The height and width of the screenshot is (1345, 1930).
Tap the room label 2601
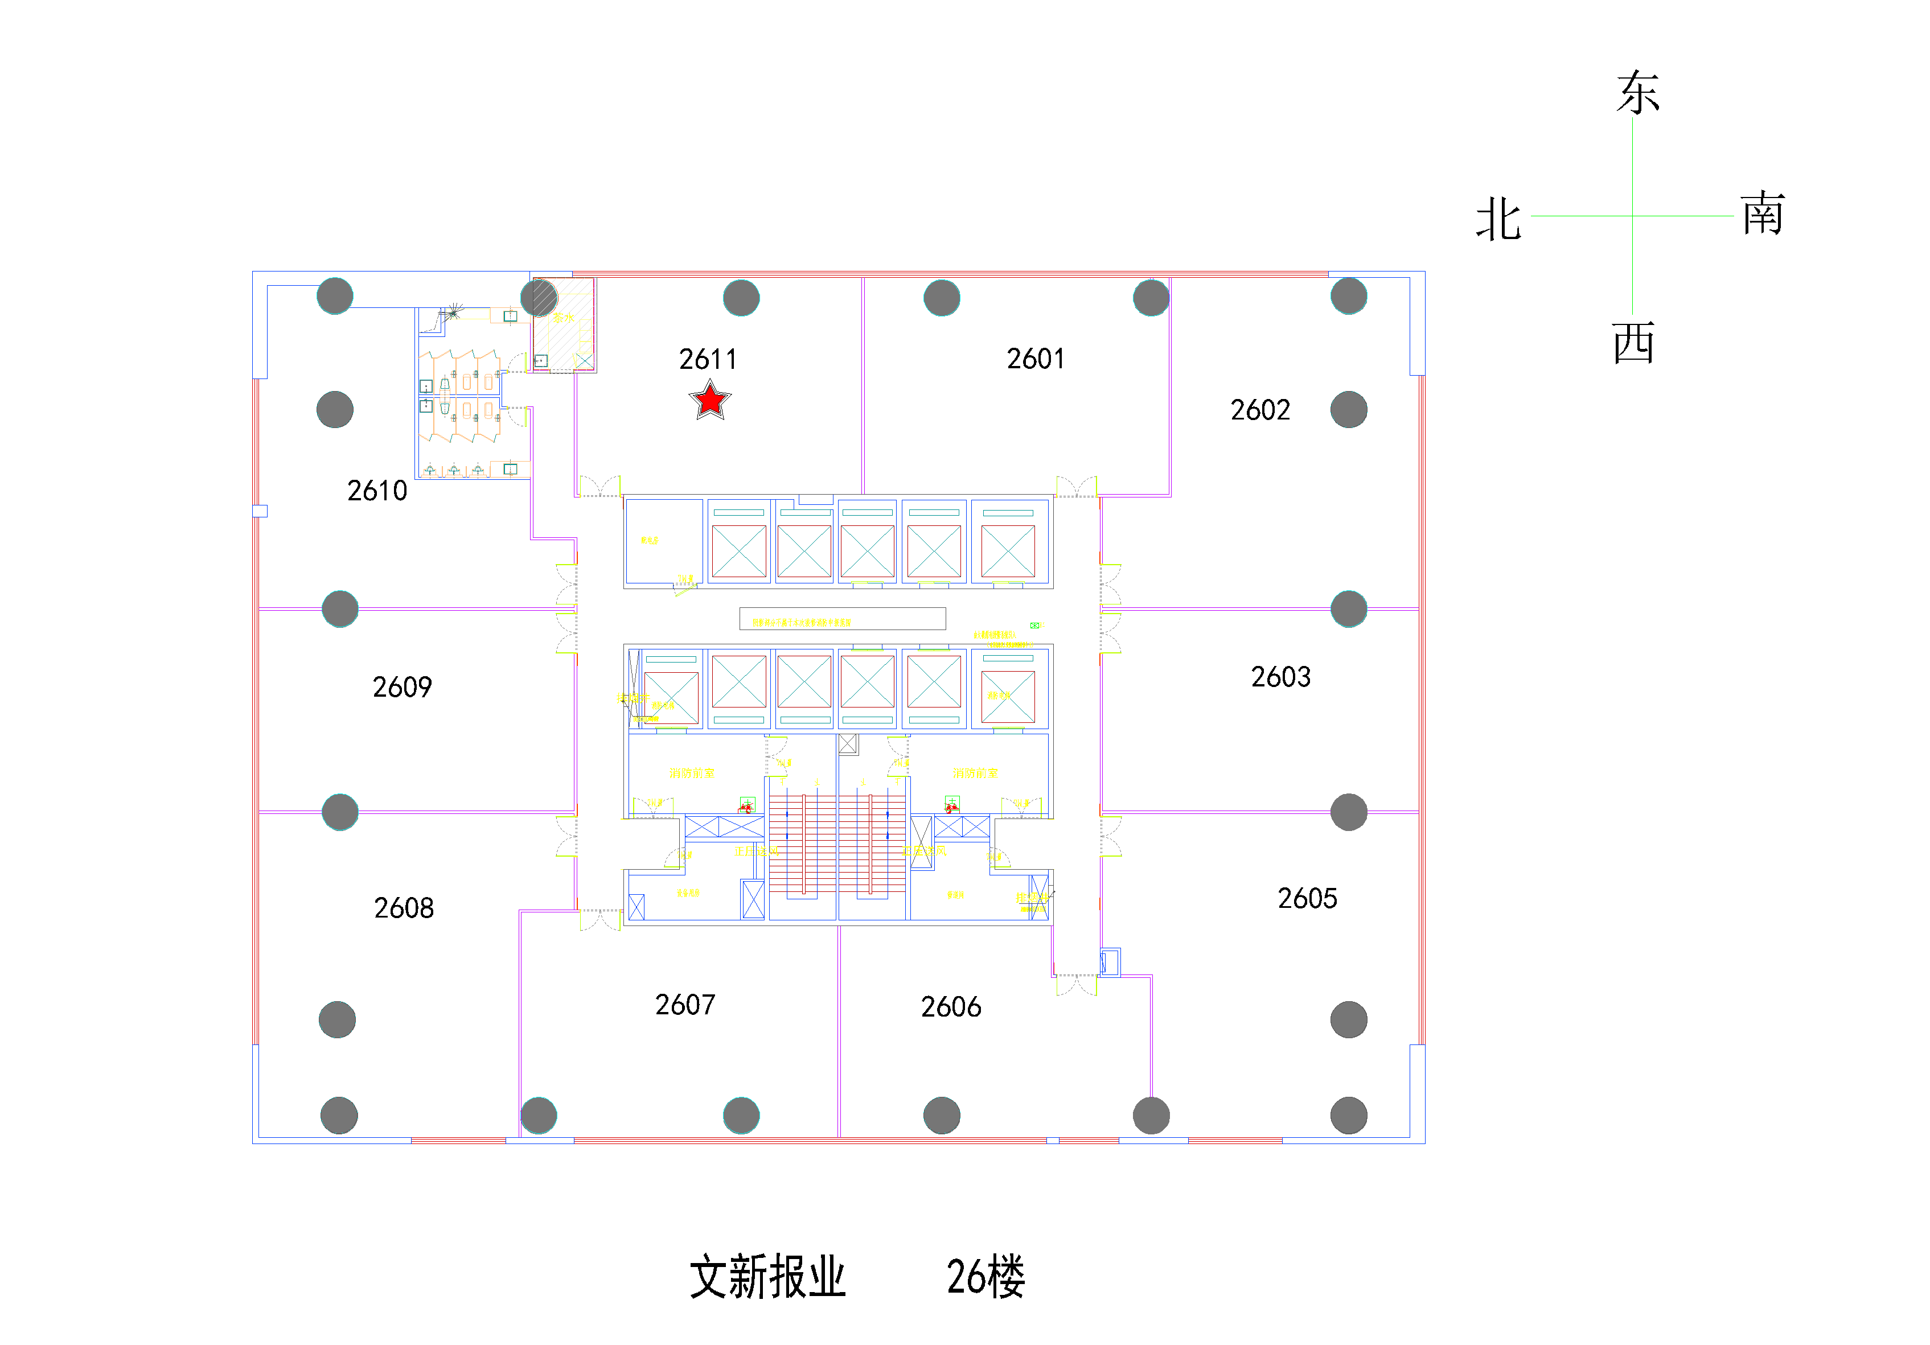(x=1035, y=359)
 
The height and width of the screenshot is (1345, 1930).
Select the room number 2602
(x=1259, y=410)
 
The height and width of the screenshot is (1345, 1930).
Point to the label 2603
(x=1280, y=677)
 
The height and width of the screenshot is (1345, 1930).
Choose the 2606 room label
(x=951, y=1007)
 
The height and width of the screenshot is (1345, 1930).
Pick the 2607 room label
(x=685, y=1005)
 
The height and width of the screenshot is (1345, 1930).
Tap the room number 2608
(x=404, y=908)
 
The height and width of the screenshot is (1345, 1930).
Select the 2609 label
(x=402, y=688)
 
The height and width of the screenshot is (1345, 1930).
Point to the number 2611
(x=708, y=360)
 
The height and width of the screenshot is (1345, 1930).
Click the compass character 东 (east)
(x=1637, y=92)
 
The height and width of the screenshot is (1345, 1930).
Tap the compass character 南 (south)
(x=1762, y=215)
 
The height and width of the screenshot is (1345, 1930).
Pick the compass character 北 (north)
(x=1499, y=220)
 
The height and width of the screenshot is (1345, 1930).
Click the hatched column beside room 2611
(x=540, y=298)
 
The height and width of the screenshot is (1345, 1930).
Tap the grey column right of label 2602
(x=1348, y=409)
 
